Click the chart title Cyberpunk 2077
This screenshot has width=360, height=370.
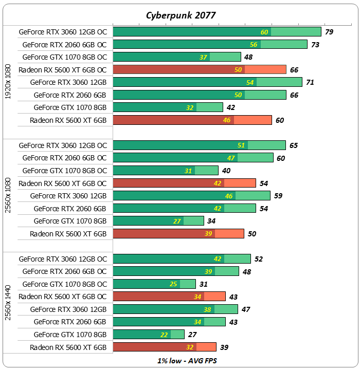[x=179, y=15]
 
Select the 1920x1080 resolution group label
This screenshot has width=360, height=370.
[x=8, y=82]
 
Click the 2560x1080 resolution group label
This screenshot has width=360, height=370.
[x=8, y=195]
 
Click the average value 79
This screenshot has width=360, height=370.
[x=329, y=32]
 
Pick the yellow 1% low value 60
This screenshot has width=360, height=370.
[x=265, y=32]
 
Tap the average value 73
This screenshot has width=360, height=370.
[x=315, y=45]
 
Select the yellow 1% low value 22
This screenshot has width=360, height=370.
[x=165, y=335]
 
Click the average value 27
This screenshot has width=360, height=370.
[x=192, y=335]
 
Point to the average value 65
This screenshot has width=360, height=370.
[x=294, y=145]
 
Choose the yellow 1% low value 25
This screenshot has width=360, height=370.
[x=174, y=284]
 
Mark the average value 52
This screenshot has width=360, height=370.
[x=259, y=259]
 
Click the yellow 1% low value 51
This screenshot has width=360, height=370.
[x=241, y=145]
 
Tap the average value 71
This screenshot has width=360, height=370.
[x=310, y=82]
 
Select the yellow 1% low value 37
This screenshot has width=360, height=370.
[x=204, y=57]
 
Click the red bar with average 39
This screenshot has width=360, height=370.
[x=164, y=347]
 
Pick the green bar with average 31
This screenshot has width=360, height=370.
[x=154, y=284]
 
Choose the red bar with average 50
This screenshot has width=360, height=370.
[x=178, y=233]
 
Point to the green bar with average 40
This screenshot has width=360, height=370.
[x=165, y=170]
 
